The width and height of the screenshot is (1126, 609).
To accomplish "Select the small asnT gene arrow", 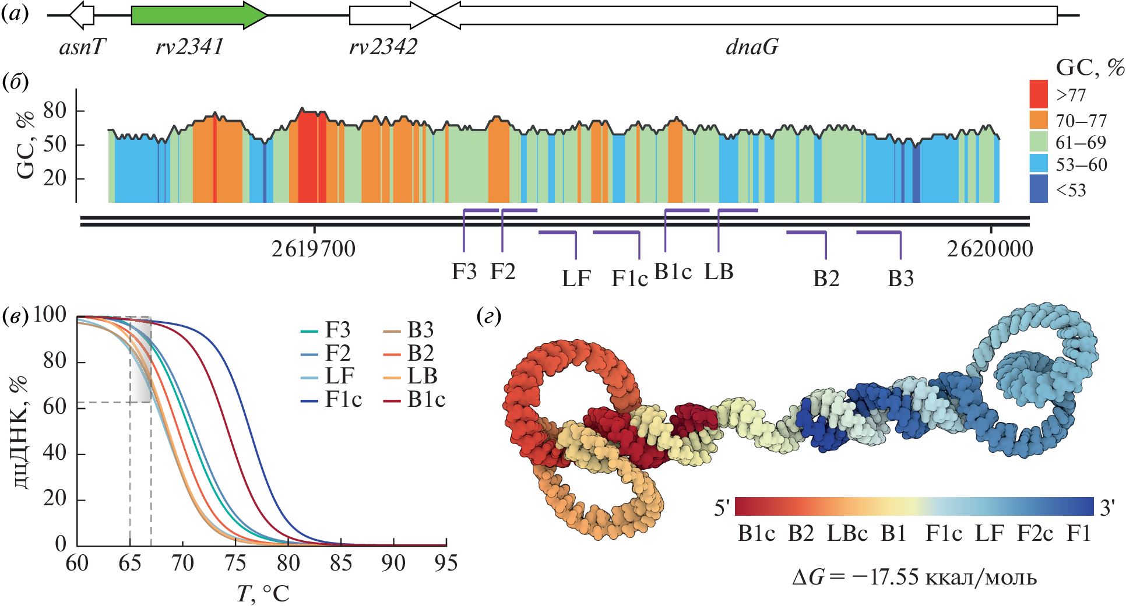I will (82, 15).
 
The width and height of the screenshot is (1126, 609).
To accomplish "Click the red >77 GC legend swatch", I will (1039, 94).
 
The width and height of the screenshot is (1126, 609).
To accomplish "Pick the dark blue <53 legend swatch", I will (1039, 190).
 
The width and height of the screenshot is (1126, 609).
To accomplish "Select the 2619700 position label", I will (314, 249).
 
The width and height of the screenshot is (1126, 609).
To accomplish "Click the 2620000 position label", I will (990, 249).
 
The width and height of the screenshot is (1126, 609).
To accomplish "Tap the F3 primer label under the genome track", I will (464, 272).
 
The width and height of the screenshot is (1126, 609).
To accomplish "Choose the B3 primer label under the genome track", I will (900, 279).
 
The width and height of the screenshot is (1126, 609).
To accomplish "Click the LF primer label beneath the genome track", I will (576, 279).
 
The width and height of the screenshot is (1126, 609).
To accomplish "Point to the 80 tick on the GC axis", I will (55, 110).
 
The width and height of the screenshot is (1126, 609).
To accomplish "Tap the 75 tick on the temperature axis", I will (235, 563).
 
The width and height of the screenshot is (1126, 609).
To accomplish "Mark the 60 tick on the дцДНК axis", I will (55, 406).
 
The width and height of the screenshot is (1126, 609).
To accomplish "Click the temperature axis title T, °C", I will (263, 594).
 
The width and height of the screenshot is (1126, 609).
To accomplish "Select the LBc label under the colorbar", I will (847, 533).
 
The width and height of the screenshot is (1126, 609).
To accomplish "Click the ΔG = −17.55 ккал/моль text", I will (914, 577).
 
